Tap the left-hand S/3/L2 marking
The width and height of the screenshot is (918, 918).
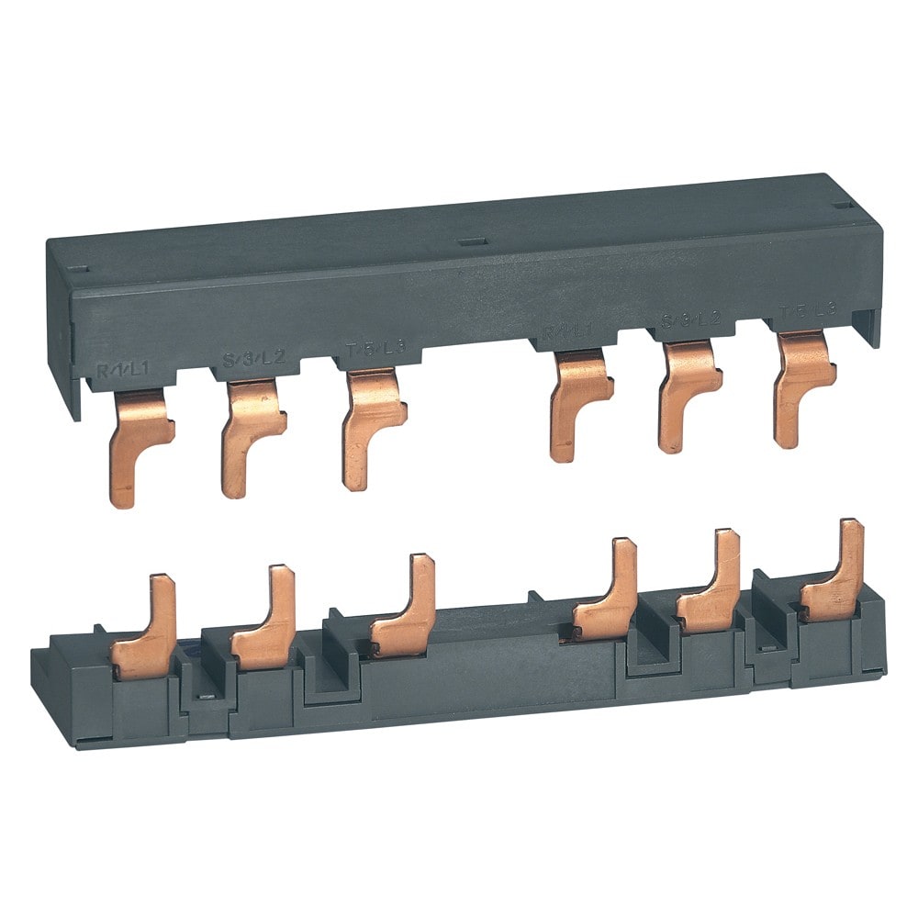coord(247,360)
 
